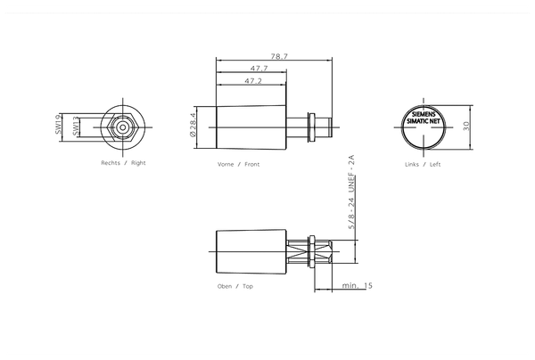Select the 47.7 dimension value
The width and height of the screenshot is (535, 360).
259,69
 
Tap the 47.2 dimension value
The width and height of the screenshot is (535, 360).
253,82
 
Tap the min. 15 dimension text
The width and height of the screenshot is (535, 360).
357,286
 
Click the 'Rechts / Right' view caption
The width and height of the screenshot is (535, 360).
123,164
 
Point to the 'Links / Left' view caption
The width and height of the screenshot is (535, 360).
423,165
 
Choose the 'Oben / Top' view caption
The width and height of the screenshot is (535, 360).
235,287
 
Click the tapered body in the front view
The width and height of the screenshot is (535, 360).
254,127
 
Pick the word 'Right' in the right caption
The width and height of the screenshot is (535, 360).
138,164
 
